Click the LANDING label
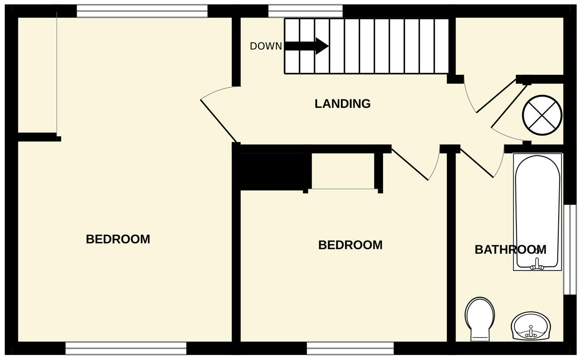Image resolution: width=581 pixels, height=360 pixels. coord(342,104)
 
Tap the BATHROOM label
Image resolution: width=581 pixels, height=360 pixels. coord(510,250)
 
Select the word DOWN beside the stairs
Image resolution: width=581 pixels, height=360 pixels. coord(266,46)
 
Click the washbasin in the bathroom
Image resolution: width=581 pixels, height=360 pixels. coord(530,326)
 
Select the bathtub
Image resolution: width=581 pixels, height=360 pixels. coord(537,212)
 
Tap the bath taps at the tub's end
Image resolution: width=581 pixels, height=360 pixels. coord(537,266)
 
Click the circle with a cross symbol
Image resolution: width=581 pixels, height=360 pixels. coord(542,115)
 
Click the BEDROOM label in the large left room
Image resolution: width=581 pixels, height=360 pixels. coord(118,239)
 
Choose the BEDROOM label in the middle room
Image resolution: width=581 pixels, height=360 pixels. coord(350,245)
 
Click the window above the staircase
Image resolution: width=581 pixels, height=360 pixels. coord(305,11)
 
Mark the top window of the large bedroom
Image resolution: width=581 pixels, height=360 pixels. coord(142,11)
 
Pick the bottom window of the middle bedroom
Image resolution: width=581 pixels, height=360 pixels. coord(350,348)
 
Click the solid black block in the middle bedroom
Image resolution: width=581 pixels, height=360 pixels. coord(272,172)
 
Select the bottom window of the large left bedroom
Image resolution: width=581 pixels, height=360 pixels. coord(126,348)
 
